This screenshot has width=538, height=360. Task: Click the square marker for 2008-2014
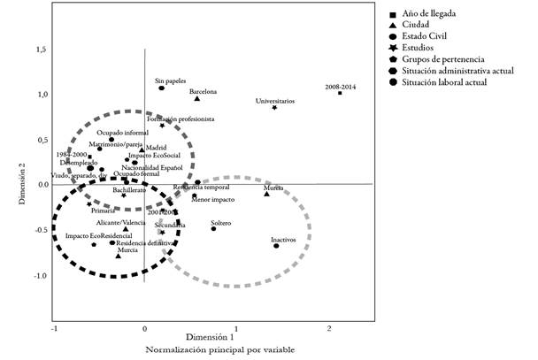point(340,93)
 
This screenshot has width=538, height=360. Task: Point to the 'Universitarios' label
point(275,101)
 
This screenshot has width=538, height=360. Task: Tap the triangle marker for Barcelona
point(197,99)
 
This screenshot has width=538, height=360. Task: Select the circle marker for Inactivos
point(276,246)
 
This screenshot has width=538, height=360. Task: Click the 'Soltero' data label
point(221,222)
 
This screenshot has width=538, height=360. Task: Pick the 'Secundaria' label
point(169,226)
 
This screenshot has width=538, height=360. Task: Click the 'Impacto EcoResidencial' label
point(99,236)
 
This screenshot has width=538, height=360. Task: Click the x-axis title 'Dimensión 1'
point(209,337)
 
